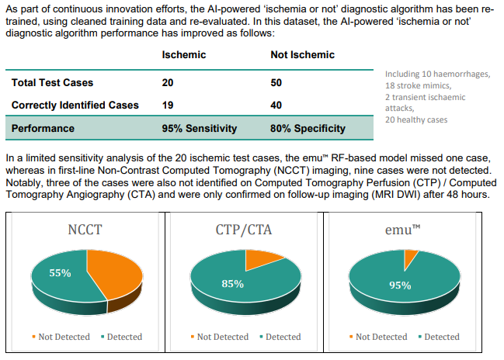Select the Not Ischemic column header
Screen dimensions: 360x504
[302, 55]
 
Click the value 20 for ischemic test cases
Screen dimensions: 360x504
[168, 82]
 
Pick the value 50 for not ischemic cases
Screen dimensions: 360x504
[276, 82]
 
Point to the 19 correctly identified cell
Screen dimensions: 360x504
[168, 105]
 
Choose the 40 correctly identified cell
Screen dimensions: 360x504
[276, 105]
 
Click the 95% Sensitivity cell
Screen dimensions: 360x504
[199, 128]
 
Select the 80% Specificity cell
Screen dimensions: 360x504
[308, 128]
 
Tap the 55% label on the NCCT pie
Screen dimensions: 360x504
[61, 273]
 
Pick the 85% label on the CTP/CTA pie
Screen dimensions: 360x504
[233, 284]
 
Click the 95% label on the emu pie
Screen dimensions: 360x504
[400, 285]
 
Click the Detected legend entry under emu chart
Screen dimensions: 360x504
[439, 337]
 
